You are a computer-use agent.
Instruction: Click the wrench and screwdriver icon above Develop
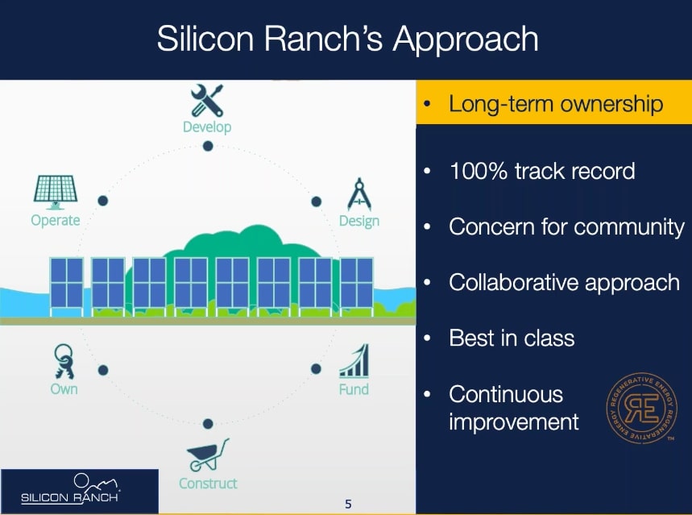point(207,100)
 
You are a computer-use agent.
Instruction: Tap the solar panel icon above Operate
point(56,193)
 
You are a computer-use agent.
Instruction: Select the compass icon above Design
point(359,194)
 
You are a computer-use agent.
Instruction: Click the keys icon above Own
point(64,361)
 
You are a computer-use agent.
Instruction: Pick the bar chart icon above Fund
point(354,361)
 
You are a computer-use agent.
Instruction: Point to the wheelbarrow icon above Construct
point(208,455)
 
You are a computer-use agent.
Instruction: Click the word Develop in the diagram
point(207,127)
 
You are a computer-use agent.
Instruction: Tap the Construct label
point(208,484)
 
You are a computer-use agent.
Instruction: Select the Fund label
point(354,389)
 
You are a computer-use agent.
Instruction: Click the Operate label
point(56,220)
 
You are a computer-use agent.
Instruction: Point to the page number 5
point(348,504)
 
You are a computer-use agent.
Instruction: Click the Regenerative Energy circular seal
point(640,408)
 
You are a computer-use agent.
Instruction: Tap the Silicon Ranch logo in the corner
point(70,489)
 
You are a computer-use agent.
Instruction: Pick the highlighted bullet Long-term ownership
point(556,104)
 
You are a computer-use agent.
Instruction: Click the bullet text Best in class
point(512,338)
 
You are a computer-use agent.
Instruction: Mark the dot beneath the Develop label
point(208,146)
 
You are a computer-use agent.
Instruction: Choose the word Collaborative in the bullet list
point(513,282)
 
